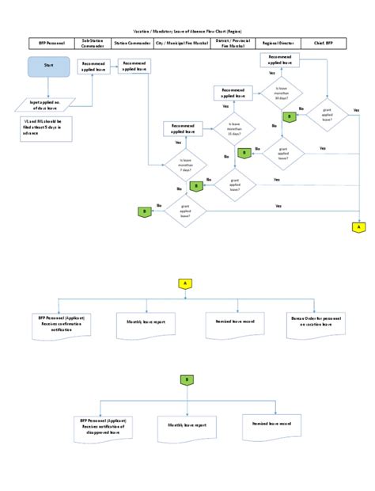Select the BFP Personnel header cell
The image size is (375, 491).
coord(49,43)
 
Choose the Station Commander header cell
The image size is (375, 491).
coord(132,43)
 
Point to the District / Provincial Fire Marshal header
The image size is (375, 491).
coord(227,43)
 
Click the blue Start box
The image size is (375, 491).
coord(49,67)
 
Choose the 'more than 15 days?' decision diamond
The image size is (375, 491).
coord(235,128)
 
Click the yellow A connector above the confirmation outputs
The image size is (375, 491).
coord(185,283)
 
